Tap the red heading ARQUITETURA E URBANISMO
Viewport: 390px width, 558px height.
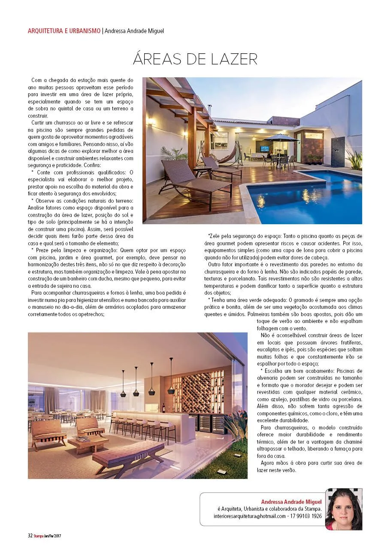[64, 31]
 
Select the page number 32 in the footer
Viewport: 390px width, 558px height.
[30, 536]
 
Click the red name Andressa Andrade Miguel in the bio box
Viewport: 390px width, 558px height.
[291, 501]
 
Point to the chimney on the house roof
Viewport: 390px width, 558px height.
[209, 110]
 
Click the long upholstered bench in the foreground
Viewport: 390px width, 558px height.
[128, 454]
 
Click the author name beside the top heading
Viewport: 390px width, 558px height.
[134, 31]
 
